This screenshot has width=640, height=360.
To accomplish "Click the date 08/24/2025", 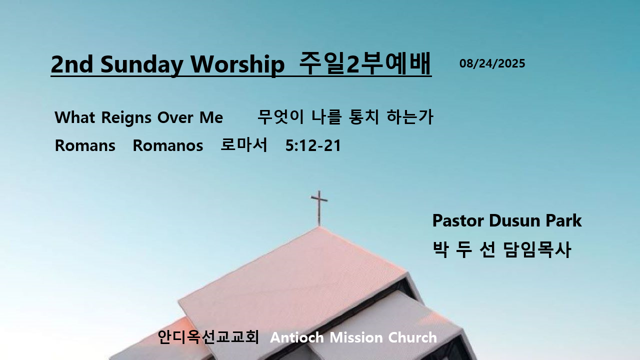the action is [492, 63].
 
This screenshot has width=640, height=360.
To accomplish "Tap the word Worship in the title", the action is [237, 64].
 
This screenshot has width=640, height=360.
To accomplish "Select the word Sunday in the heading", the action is [141, 64].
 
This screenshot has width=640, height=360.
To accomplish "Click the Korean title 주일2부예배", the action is [365, 63].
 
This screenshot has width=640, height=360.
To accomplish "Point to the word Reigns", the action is [125, 117].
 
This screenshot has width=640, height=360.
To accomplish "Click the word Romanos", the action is [167, 145].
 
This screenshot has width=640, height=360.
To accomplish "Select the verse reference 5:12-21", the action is [313, 145].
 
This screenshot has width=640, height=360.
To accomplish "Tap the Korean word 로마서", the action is [243, 144].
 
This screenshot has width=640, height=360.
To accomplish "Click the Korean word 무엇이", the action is [280, 116].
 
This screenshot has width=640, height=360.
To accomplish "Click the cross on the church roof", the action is [319, 208].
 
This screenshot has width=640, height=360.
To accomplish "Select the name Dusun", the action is [515, 220].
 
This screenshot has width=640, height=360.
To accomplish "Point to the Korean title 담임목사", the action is [537, 249].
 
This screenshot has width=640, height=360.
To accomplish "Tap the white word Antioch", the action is [297, 337].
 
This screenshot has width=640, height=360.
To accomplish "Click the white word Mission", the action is [356, 337].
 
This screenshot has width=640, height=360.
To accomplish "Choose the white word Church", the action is [412, 337].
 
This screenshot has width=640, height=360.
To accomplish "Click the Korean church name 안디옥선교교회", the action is [208, 337].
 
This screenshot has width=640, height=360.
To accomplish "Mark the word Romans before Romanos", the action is [85, 145].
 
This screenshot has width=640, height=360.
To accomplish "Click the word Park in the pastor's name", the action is [563, 220].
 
